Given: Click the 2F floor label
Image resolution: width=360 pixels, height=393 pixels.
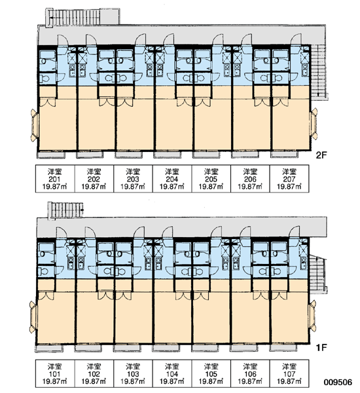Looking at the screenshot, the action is point(321,155).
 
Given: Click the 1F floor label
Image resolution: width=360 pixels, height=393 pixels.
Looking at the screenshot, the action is point(321,348).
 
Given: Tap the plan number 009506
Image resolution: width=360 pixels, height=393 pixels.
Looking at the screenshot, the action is point(338,383).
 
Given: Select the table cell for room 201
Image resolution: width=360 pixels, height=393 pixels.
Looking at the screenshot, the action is point(55,179).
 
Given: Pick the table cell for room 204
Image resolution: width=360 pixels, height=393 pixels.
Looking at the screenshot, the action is point(172,179).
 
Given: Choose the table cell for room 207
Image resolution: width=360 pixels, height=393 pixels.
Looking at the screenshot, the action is point(289,179).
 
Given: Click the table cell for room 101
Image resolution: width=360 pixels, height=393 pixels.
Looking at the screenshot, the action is point(55,374).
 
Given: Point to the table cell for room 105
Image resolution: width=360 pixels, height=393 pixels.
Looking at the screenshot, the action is point(211,374).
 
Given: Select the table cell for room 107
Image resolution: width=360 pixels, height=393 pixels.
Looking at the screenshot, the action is point(289,374).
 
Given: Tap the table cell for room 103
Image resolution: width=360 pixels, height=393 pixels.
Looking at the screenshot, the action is point(133,374).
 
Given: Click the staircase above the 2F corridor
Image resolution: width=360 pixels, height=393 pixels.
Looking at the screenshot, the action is point(82,17).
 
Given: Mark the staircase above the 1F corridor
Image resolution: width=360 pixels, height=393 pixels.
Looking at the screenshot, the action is point(65,210).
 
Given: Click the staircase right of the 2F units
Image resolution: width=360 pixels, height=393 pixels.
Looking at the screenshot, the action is point(319,72).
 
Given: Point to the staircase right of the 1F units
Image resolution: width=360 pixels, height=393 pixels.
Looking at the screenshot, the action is point(317,274).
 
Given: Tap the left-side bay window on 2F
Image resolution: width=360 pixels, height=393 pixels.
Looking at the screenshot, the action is point(35,125).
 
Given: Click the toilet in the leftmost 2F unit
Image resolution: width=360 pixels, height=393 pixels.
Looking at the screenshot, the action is point(45,79).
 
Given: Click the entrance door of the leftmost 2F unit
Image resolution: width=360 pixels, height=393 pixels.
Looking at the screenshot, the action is point(63,40).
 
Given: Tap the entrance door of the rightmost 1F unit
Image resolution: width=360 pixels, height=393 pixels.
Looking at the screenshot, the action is point(295,232).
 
